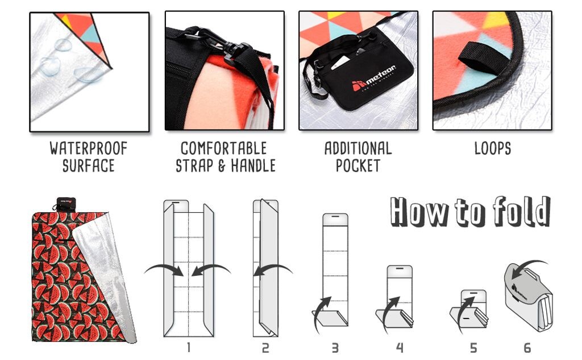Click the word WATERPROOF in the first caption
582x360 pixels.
88,148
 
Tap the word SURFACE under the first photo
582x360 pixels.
88,165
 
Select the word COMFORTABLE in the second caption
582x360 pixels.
224,148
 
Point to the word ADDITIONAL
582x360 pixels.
358,148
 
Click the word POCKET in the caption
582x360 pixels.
358,165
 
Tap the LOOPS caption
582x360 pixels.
493,148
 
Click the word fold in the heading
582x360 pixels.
522,211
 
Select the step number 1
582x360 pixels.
189,347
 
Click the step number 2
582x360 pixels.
265,347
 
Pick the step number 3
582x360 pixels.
335,347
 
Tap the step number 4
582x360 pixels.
400,347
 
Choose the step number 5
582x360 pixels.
473,347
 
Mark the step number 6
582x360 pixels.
527,347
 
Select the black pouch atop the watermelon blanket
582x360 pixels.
66,204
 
